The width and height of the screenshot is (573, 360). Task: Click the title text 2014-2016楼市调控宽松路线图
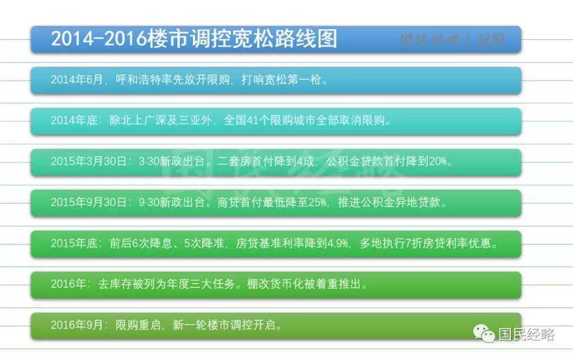(x=194, y=38)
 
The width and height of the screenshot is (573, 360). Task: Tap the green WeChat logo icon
(x=484, y=333)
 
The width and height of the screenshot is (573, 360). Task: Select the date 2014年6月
(x=77, y=80)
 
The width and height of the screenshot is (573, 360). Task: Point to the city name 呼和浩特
(x=138, y=80)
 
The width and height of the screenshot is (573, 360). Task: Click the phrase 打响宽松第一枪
(x=281, y=80)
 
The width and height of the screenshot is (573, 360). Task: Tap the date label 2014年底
(x=74, y=121)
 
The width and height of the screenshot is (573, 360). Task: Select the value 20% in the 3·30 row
(x=438, y=161)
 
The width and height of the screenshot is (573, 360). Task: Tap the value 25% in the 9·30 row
(x=317, y=202)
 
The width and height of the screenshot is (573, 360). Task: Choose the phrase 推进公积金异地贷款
(x=389, y=202)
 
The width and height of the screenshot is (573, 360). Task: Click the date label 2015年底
(x=74, y=243)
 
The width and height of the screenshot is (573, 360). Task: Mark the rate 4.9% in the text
(x=337, y=243)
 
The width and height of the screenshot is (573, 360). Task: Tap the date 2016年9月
(x=77, y=325)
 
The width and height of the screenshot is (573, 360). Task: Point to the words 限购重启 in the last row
(x=138, y=325)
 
